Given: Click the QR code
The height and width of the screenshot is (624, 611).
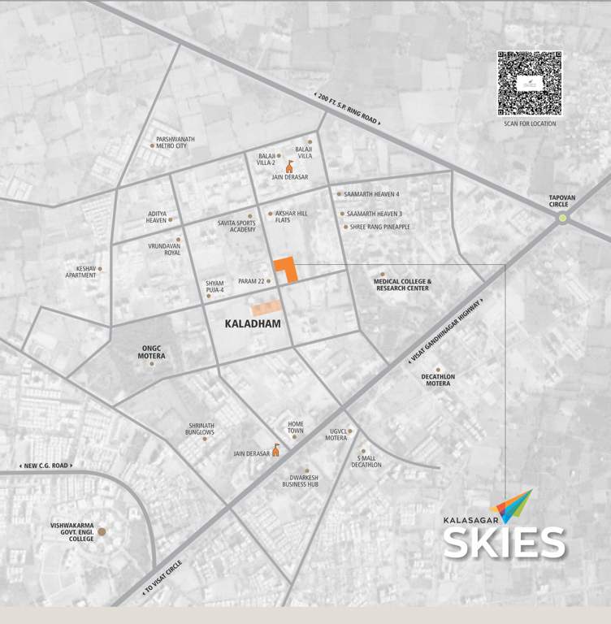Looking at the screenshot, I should [529, 83].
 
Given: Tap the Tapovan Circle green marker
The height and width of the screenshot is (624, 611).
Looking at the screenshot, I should [562, 217].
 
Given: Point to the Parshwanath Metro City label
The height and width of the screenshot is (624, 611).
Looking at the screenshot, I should [176, 142].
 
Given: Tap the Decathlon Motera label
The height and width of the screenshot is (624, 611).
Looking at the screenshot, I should [439, 379].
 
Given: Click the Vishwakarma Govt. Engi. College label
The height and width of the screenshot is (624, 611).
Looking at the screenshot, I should [72, 531].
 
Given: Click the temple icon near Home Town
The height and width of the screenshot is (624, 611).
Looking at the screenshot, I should [275, 450].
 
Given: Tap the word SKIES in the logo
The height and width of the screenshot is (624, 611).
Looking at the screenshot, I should [504, 542].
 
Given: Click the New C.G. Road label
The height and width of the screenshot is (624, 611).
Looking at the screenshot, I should [45, 466].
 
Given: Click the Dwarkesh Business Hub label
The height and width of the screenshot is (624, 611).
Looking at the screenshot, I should [300, 481].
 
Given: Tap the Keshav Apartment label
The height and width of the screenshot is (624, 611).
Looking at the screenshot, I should [80, 272].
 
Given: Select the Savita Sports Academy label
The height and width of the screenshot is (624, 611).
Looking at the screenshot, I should [236, 226].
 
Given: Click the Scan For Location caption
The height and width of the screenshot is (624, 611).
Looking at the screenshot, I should [529, 123].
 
